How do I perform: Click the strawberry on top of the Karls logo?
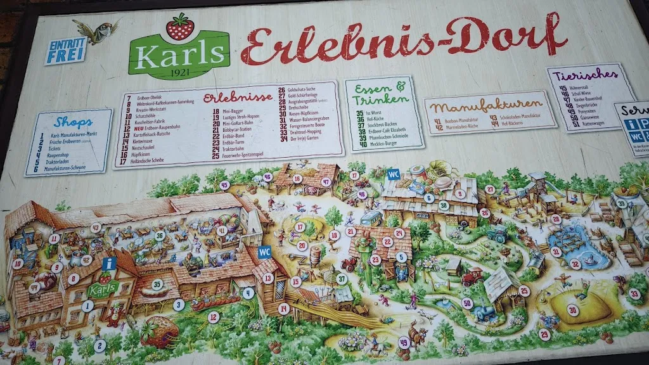pyautogui.click(x=180, y=27)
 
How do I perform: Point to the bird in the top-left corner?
pyautogui.click(x=96, y=30)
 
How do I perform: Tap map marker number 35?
pyautogui.click(x=157, y=285)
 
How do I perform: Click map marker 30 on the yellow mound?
pyautogui.click(x=572, y=310)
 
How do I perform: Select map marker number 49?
pyautogui.click(x=404, y=343)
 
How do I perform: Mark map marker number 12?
pyautogui.click(x=214, y=316)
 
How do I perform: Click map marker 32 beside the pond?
pyautogui.click(x=575, y=264)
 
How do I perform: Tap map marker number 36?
pyautogui.click(x=160, y=235)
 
